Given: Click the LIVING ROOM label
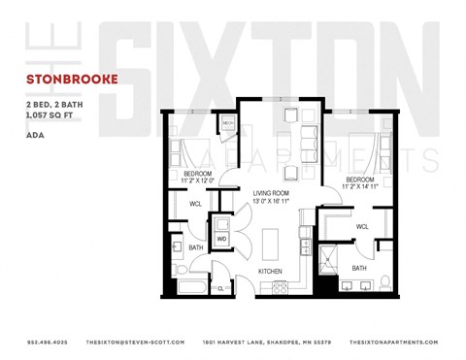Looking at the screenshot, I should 273,194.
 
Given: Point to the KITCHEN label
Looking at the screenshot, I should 270,270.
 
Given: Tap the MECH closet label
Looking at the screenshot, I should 229,124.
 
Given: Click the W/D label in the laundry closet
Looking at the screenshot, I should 221,239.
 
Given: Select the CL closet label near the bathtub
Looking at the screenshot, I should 221,288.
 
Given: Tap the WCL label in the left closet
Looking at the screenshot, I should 195,204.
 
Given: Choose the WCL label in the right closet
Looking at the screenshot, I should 361,226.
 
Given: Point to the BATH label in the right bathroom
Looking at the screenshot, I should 359,269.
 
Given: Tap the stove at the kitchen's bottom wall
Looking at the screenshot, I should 282,286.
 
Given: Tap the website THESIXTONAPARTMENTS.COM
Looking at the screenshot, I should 393,342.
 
